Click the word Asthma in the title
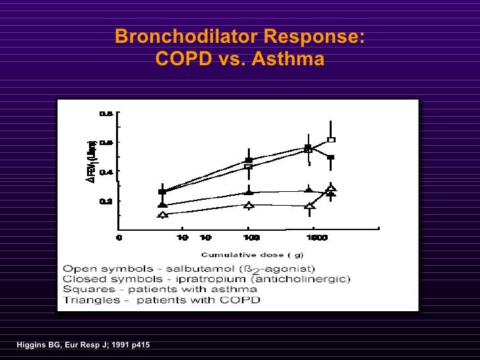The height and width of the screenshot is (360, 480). (x=293, y=60)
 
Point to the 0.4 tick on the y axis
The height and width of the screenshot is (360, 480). (x=105, y=171)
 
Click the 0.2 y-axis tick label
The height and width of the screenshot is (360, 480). (x=105, y=201)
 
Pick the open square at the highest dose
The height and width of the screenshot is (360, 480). (x=332, y=140)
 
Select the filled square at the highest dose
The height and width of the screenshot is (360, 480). (x=331, y=158)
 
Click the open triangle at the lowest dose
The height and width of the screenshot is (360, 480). (x=163, y=214)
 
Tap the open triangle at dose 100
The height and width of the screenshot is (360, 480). (x=249, y=206)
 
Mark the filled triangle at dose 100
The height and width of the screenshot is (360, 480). (x=249, y=191)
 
